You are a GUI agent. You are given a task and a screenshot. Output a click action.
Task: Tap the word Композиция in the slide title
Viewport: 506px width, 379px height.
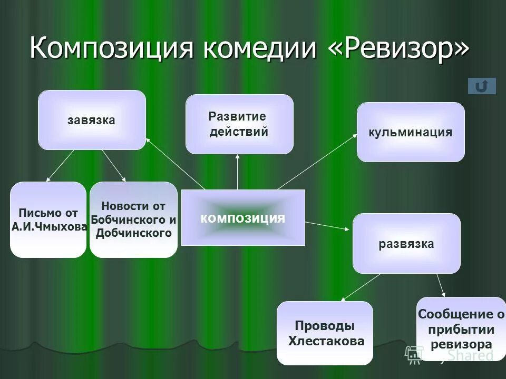112,48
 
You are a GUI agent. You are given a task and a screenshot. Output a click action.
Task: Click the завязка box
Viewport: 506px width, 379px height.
92,120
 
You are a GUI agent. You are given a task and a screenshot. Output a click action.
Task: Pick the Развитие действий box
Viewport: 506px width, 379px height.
239,124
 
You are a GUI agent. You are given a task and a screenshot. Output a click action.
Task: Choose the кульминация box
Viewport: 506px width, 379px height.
411,132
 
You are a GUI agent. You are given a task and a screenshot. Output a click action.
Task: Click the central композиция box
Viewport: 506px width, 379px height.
243,217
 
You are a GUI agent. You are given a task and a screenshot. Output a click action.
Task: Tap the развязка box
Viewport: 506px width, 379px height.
406,244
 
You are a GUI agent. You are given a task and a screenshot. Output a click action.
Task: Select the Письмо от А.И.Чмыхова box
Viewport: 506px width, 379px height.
48,220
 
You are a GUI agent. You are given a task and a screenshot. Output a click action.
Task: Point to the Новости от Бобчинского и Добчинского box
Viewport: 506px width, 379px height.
133,220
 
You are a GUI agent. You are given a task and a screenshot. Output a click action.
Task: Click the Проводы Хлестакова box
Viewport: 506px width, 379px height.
325,333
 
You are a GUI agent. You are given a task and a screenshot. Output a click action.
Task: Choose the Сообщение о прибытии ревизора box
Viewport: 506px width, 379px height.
461,330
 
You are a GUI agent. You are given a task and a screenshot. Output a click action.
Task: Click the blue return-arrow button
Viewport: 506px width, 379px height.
482,86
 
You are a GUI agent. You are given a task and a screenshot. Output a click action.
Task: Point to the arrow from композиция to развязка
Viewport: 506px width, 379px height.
327,226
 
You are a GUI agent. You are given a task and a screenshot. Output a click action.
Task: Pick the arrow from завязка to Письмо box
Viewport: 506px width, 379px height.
61,166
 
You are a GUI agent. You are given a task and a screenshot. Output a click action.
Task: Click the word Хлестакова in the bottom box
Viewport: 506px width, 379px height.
327,341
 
